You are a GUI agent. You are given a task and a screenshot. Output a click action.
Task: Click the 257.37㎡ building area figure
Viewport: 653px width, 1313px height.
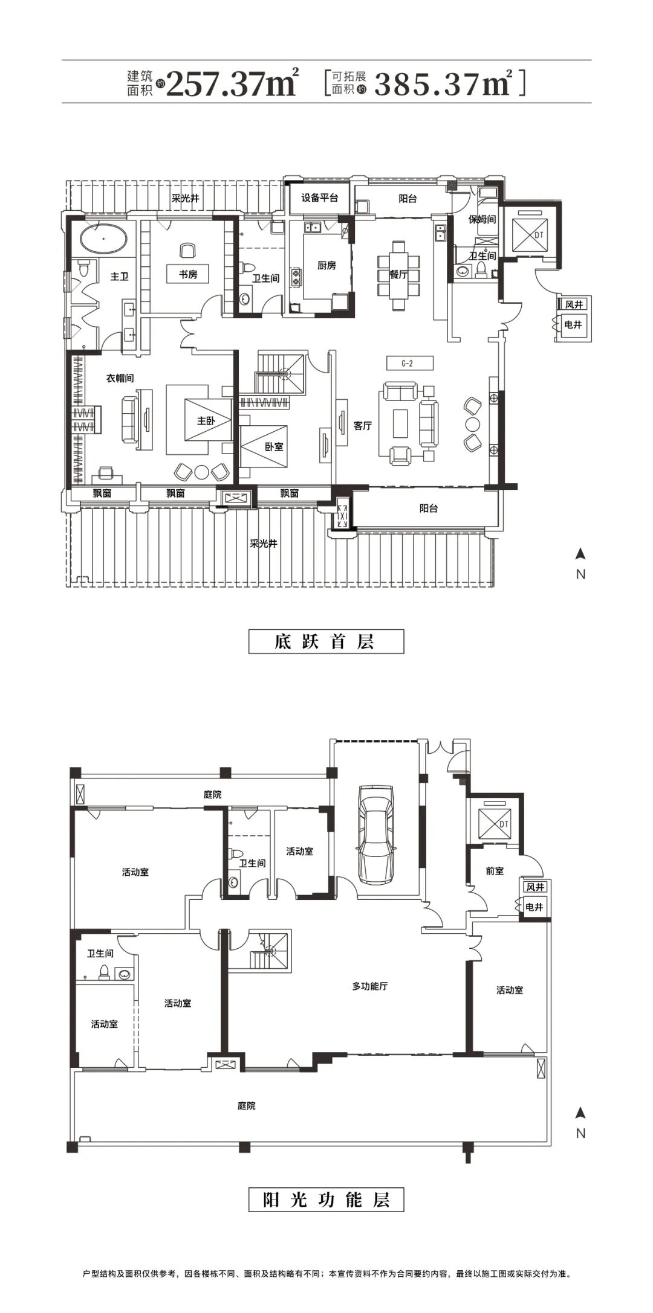pos(232,82)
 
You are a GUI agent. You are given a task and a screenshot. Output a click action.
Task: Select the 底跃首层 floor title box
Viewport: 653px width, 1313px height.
pos(326,641)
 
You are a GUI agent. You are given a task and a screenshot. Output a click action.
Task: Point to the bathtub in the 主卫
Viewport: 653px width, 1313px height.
pos(103,239)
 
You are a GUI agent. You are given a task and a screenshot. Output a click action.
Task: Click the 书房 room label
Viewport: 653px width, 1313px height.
pos(188,274)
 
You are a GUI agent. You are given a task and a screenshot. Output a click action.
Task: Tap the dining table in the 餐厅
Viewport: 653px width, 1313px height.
pos(398,275)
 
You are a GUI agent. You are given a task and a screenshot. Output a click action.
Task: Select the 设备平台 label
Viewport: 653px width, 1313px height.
pos(319,198)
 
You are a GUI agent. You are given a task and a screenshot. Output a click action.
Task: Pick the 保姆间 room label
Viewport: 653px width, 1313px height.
pos(482,219)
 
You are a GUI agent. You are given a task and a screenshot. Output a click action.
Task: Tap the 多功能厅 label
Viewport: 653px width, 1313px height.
pos(370,986)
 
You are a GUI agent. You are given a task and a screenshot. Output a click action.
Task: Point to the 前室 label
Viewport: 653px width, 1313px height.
pos(495,871)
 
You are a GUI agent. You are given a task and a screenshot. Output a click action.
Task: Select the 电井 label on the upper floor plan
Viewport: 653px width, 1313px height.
pos(573,325)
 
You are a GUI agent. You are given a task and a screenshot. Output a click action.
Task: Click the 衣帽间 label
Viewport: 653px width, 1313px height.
pos(120,378)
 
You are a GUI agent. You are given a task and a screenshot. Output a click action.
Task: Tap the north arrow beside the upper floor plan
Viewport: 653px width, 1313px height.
pos(580,553)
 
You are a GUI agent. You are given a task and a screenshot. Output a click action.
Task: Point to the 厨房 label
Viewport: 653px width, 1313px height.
pos(326,265)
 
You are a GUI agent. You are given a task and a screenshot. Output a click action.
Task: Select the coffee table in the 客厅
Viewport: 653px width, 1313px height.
pos(401,423)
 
